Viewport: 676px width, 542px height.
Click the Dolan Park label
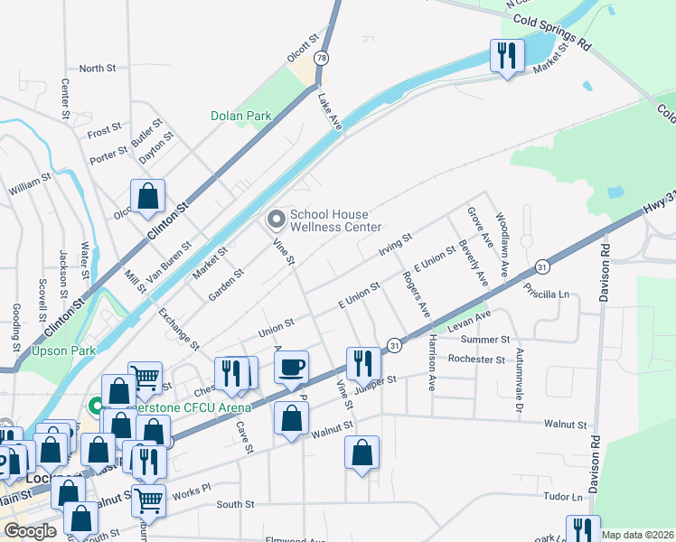click(x=240, y=116)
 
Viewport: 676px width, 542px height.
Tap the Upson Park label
click(x=63, y=350)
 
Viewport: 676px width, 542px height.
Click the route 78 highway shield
click(x=320, y=58)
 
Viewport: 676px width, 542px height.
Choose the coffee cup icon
click(x=291, y=368)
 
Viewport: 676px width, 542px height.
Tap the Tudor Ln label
click(x=563, y=497)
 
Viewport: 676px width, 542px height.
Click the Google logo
click(x=30, y=531)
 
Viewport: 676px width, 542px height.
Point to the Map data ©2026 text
click(x=637, y=535)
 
